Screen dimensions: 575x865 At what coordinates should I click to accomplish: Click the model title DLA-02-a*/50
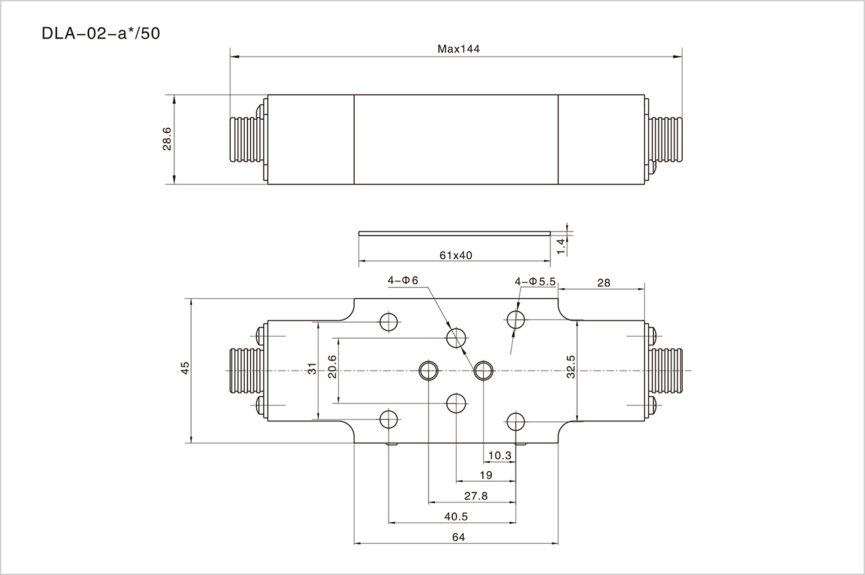click(100, 34)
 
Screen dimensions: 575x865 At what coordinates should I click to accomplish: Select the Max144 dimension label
click(458, 49)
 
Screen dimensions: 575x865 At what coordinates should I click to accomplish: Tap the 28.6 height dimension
click(167, 139)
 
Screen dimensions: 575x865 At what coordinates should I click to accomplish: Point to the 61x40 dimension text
click(455, 255)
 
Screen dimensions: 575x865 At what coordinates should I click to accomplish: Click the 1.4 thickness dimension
click(561, 246)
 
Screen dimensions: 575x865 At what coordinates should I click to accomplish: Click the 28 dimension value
click(604, 282)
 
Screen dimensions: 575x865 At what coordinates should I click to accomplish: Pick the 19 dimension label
click(485, 475)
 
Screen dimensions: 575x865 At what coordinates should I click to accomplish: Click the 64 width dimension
click(458, 537)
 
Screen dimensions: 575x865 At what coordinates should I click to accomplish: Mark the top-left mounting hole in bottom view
click(389, 322)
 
